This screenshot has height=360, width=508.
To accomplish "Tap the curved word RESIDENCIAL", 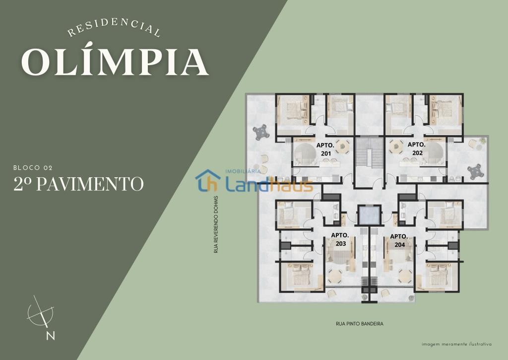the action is click(114, 28).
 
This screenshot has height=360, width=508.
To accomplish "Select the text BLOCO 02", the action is click(33, 168).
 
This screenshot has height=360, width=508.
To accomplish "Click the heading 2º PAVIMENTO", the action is click(78, 184).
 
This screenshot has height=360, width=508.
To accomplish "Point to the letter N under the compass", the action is click(50, 336).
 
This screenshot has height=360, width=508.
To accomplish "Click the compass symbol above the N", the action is click(41, 312).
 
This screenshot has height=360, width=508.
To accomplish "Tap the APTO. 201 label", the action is click(325, 149).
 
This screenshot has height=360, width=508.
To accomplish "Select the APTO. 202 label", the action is click(417, 148).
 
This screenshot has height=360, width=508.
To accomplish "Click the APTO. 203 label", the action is click(340, 239).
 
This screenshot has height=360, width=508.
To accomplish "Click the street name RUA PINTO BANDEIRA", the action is click(360, 324).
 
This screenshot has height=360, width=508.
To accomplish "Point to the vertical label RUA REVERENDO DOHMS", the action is click(216, 224).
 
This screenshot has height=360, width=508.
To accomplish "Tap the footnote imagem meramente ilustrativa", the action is click(456, 345).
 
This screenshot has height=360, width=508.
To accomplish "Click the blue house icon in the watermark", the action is click(208, 180).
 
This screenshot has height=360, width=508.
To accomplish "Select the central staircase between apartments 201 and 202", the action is click(369, 153).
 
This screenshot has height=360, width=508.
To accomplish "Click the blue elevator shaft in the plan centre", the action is click(368, 215).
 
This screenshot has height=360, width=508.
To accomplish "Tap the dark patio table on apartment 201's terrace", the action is click(260, 132).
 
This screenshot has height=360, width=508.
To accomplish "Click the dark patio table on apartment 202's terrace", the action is click(475, 172).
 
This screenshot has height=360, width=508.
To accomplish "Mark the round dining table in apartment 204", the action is click(405, 276).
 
